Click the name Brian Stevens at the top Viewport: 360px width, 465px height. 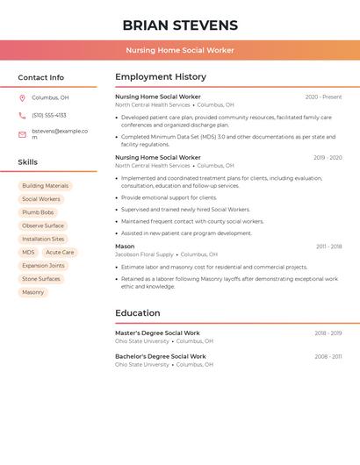click(x=180, y=25)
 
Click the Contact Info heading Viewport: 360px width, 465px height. click(x=40, y=77)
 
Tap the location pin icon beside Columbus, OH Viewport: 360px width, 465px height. click(x=22, y=97)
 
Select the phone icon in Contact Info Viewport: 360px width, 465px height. click(x=22, y=115)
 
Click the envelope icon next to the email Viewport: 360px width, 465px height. click(x=22, y=134)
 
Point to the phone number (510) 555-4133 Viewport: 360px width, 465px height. click(x=49, y=115)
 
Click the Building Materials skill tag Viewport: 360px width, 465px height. click(x=45, y=186)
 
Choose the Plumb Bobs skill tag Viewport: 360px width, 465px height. click(x=38, y=212)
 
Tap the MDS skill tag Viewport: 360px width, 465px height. click(x=28, y=252)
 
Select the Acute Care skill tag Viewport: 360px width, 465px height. click(x=60, y=252)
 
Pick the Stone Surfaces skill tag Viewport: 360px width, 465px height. click(x=41, y=279)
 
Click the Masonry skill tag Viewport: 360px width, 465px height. click(x=32, y=292)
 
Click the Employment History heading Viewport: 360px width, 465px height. click(x=161, y=77)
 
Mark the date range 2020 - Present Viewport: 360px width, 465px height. click(x=323, y=97)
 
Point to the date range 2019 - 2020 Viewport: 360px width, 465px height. click(x=328, y=158)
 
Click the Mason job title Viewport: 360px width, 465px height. click(x=125, y=247)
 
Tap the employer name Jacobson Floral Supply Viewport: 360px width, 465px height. click(x=144, y=254)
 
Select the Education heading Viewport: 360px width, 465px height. click(x=138, y=313)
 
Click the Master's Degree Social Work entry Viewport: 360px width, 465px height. click(x=157, y=333)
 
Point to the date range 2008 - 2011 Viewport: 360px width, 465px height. click(x=328, y=356)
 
